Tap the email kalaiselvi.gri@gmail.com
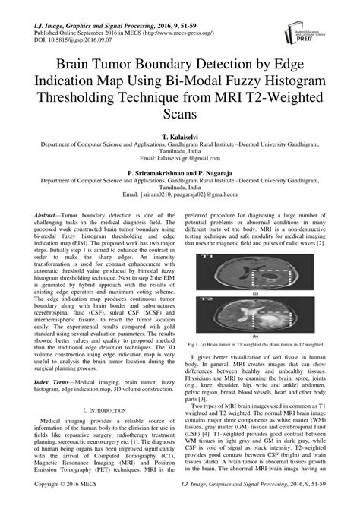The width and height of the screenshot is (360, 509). [x=180, y=158]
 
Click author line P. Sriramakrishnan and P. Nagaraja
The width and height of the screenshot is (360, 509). [x=180, y=173]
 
